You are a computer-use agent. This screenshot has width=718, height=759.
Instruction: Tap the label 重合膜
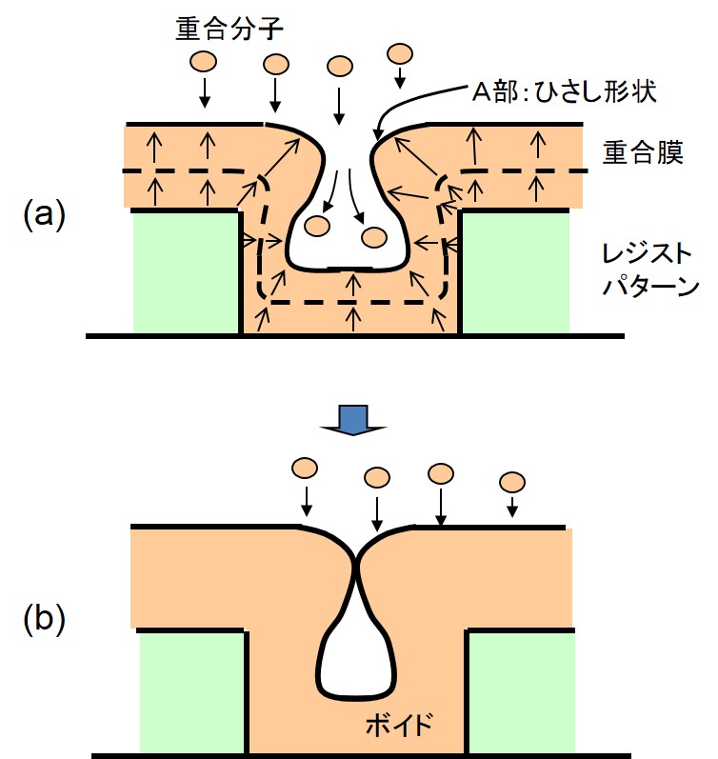click(x=642, y=153)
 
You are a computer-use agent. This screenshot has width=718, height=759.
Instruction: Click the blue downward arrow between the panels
click(x=353, y=417)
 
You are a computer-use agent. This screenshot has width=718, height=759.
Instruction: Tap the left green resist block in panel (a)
click(x=185, y=271)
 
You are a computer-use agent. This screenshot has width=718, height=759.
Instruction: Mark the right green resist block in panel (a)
click(x=515, y=271)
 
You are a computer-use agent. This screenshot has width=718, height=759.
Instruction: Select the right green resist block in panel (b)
click(x=522, y=691)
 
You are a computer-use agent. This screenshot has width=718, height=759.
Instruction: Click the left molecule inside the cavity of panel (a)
click(x=315, y=227)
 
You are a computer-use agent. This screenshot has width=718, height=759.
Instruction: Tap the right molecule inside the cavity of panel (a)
click(x=374, y=237)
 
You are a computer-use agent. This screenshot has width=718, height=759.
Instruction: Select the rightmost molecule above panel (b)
click(x=513, y=480)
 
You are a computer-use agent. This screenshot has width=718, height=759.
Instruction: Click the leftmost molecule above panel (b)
click(x=305, y=469)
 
